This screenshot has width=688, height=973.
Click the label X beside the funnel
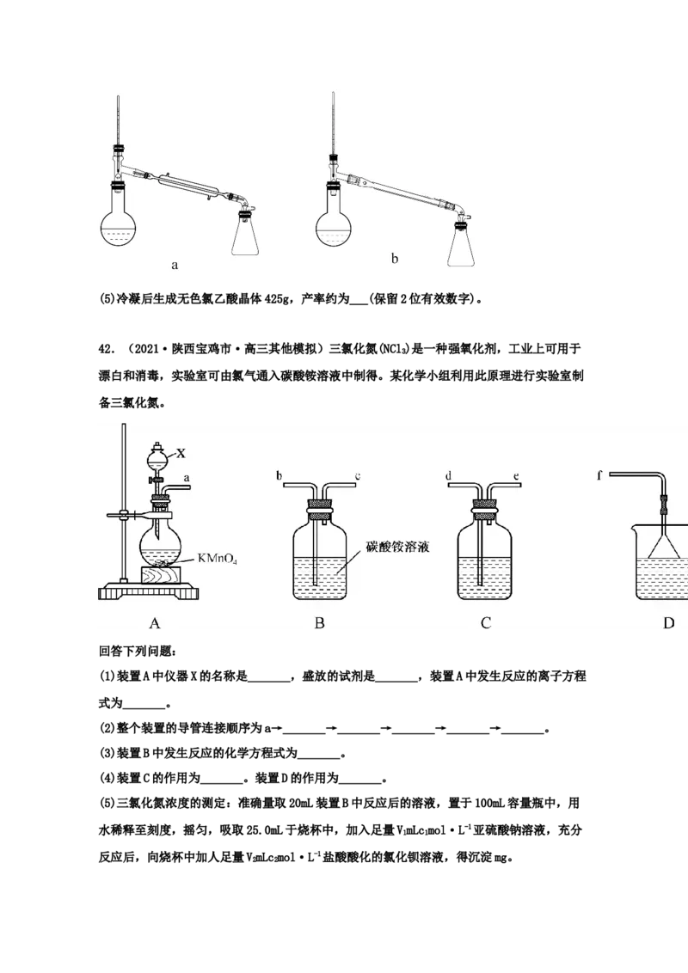(x=181, y=454)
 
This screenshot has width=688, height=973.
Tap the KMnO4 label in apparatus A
(x=217, y=559)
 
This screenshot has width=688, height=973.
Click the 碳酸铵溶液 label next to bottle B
(x=397, y=547)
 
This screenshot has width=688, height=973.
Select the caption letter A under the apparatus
(x=156, y=623)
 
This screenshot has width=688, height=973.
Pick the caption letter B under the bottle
(x=319, y=623)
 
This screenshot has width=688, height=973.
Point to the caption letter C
(x=486, y=623)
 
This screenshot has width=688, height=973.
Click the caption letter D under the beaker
(x=668, y=623)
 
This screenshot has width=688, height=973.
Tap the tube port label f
(x=599, y=476)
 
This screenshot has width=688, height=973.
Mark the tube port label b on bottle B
(x=279, y=476)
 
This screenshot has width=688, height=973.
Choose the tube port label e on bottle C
(x=516, y=476)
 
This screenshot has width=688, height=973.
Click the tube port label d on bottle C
(x=448, y=476)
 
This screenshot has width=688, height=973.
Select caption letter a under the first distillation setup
(x=175, y=266)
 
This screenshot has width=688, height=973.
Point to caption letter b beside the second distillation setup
(x=394, y=258)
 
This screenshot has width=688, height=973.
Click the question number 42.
(x=107, y=349)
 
